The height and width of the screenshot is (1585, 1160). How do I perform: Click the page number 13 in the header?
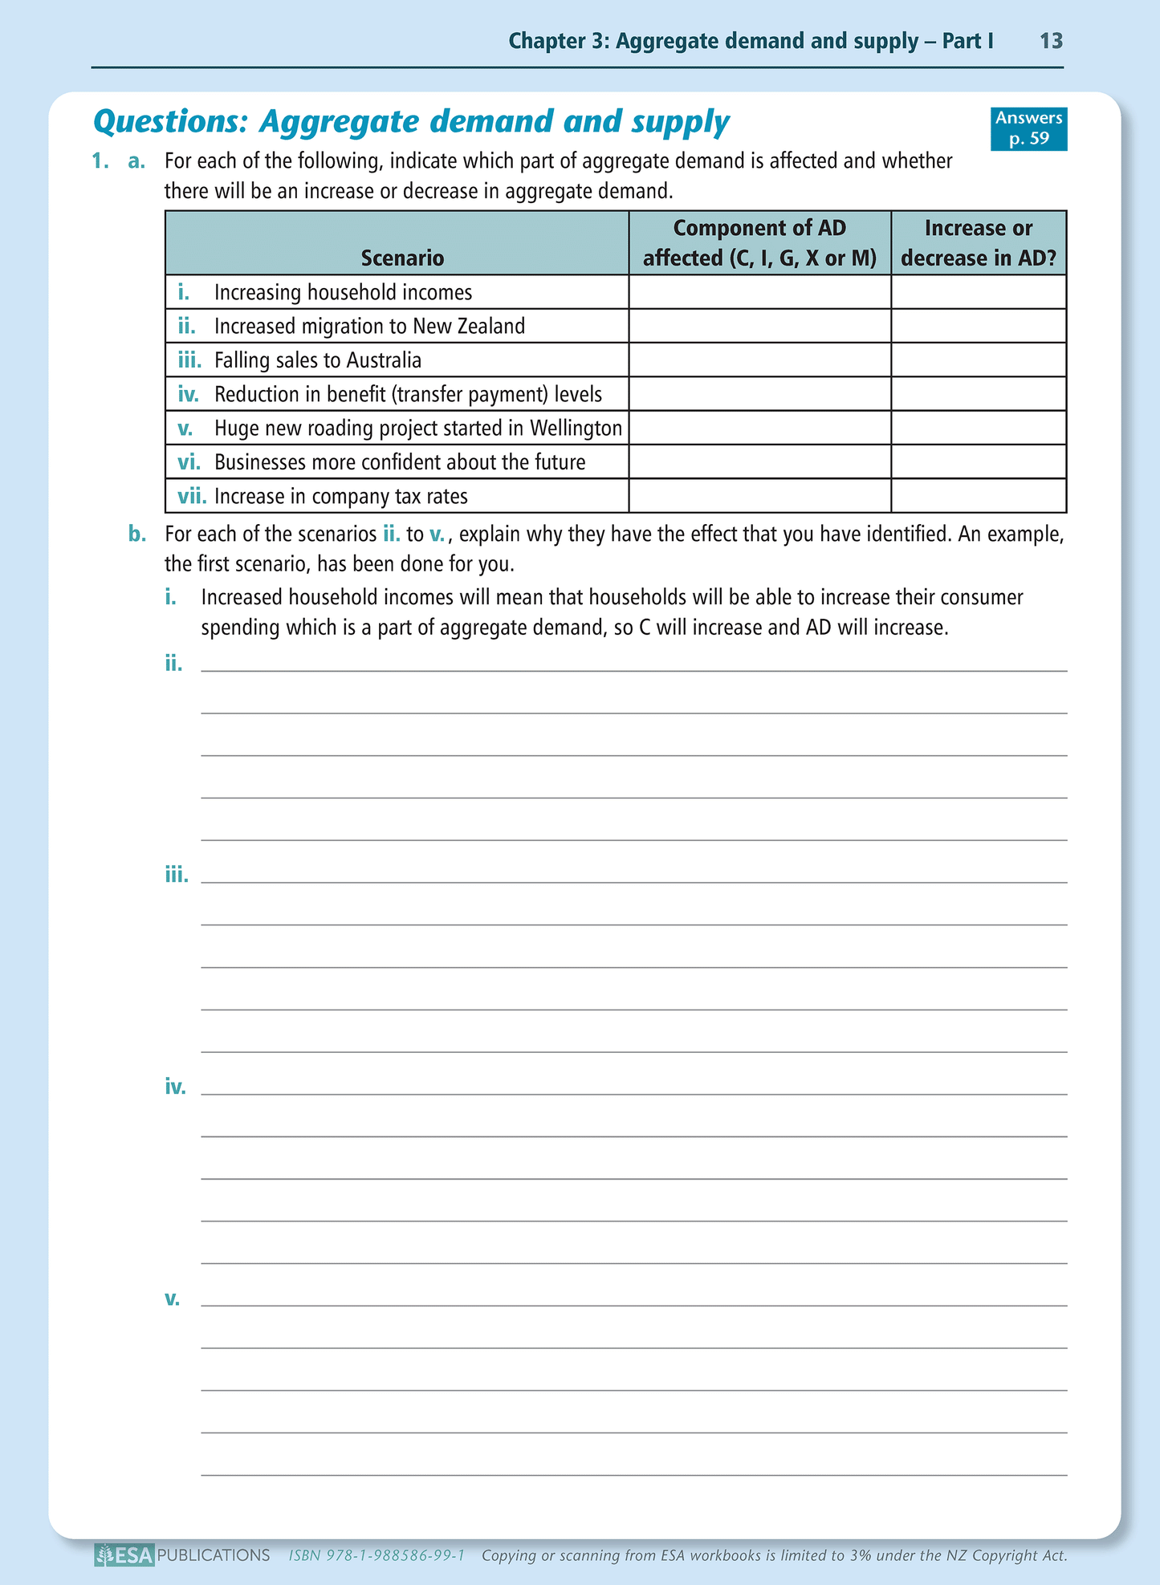(x=1051, y=42)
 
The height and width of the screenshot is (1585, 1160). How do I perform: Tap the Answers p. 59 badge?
(x=1028, y=128)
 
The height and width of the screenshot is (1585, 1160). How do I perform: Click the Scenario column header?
(x=402, y=258)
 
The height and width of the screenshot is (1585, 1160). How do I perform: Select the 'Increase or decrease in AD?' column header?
(x=978, y=243)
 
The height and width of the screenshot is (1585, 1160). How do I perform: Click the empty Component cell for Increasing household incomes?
(x=759, y=292)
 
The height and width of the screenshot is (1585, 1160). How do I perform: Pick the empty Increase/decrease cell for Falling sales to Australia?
(x=978, y=360)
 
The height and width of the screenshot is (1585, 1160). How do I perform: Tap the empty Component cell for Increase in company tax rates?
(x=759, y=496)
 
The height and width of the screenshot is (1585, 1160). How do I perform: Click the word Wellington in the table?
(x=576, y=429)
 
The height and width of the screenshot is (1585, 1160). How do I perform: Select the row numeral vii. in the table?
(x=192, y=496)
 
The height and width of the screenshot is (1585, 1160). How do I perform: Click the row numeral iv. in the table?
(x=188, y=394)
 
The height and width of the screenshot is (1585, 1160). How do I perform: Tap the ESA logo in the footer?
(x=124, y=1555)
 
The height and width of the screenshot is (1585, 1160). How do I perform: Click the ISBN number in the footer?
(x=376, y=1555)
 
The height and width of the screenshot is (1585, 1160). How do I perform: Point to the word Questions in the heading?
(x=170, y=122)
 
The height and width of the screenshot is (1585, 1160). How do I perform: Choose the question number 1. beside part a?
(x=100, y=161)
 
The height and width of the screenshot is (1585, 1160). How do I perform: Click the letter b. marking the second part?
(x=137, y=534)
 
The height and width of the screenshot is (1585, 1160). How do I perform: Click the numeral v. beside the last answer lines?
(x=173, y=1298)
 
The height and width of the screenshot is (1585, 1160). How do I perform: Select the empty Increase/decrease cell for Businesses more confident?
(x=978, y=462)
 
